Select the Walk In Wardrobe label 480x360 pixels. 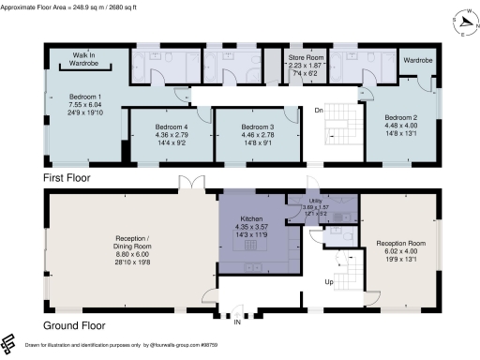pos(85,59)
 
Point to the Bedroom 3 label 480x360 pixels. pos(251,127)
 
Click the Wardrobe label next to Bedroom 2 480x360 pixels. pos(416,58)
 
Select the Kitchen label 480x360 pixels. pos(250,216)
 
